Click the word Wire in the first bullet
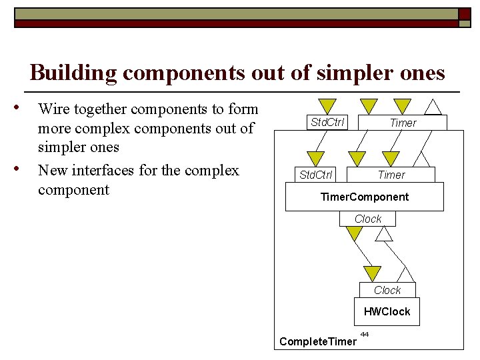(56, 109)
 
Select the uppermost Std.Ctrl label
(327, 122)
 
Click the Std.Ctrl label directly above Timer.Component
(316, 175)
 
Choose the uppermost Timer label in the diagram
(403, 123)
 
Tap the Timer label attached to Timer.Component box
(391, 175)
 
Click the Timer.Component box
(365, 197)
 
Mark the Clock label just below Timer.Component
(368, 219)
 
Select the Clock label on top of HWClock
(387, 290)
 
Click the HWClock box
(387, 311)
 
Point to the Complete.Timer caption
(318, 341)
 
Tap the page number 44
(365, 333)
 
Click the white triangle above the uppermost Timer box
(433, 107)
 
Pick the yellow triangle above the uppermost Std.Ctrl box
(327, 106)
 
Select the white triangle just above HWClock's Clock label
(405, 274)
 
